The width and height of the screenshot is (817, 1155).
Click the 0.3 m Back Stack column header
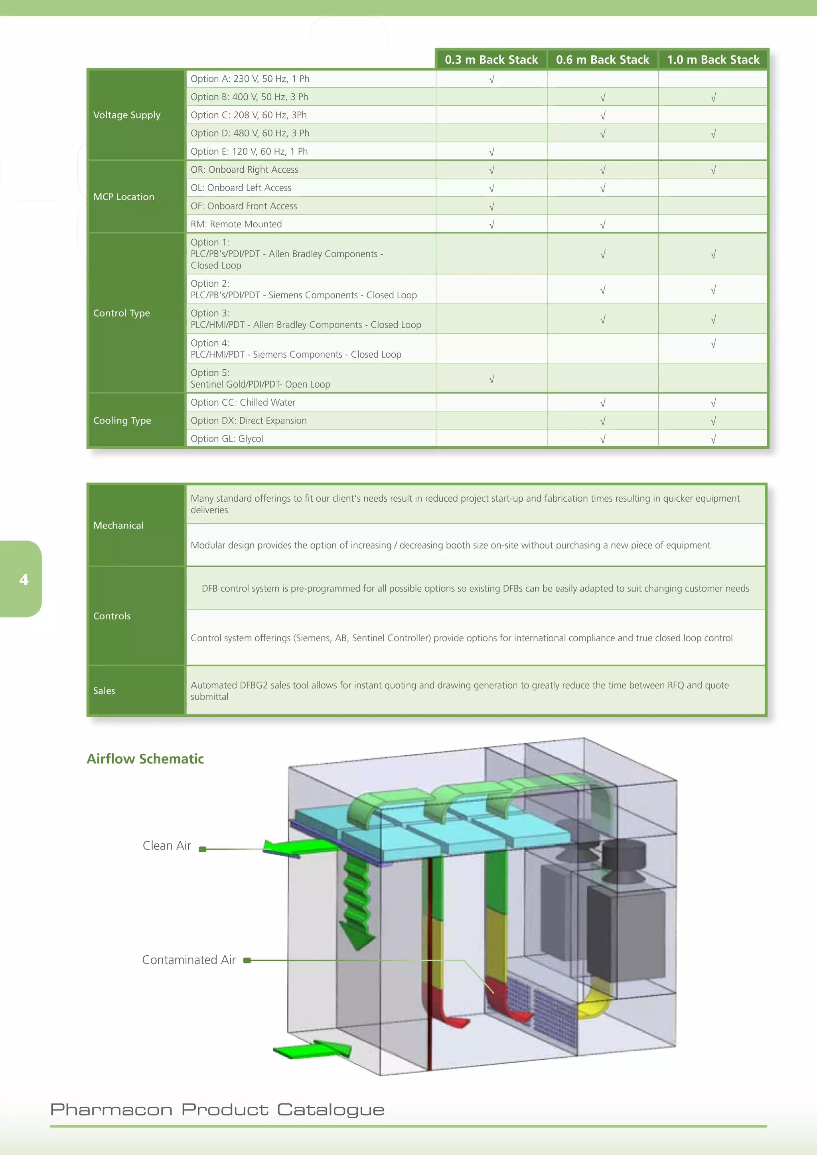coord(491,60)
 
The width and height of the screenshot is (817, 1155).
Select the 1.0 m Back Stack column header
coord(713,60)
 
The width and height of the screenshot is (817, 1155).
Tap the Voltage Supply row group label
coord(127,115)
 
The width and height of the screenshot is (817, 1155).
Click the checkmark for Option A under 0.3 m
coord(492,79)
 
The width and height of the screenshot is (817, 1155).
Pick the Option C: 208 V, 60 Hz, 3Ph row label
coord(249,115)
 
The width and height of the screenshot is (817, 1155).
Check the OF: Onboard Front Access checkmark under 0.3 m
coord(492,206)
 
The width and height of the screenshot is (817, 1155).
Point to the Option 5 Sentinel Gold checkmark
coord(492,379)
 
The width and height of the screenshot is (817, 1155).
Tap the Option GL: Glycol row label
coord(227,439)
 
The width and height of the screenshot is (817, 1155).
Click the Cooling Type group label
coord(122,420)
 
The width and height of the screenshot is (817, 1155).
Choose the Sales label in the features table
coord(104,691)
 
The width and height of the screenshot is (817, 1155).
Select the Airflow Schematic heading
coord(145,759)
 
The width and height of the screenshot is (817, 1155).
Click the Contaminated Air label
coord(189,960)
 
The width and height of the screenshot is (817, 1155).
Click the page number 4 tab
coord(24,579)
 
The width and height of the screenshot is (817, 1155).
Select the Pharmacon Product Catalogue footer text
coord(217,1109)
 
